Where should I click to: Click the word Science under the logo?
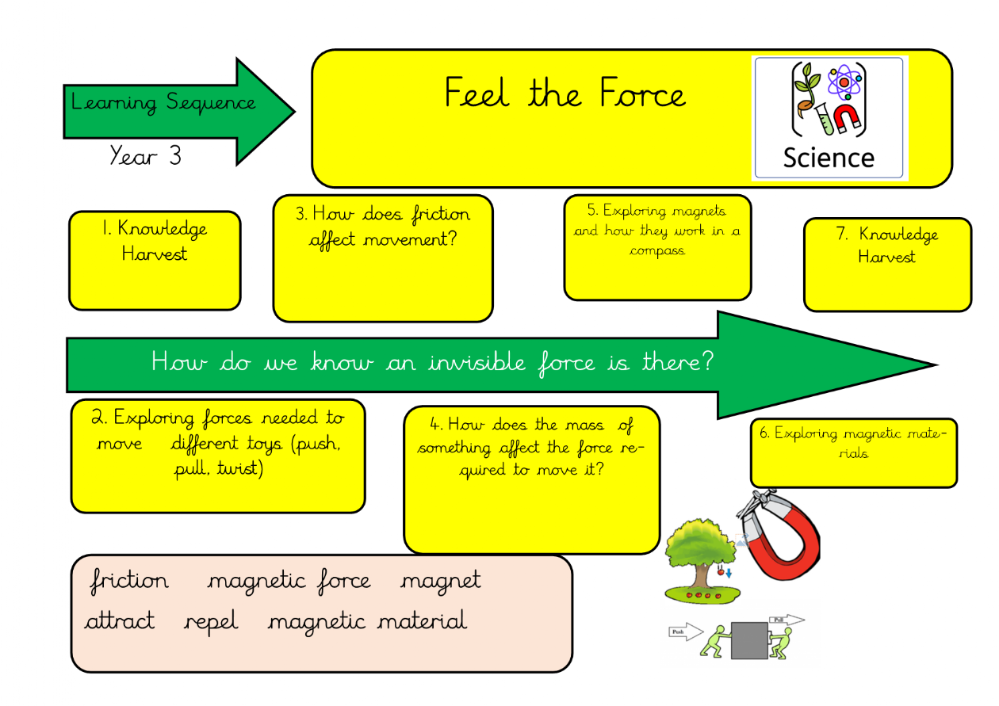tap(829, 157)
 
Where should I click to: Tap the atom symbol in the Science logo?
tap(844, 81)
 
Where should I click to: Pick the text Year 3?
tap(145, 156)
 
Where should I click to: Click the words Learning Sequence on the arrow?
tap(163, 103)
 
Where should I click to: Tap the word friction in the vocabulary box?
tap(129, 581)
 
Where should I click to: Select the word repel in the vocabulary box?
tap(211, 622)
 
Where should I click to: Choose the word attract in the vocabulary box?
tap(120, 622)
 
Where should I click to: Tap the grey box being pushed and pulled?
tap(748, 640)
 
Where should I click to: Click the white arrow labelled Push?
tap(687, 632)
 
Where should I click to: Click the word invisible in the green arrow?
tap(477, 363)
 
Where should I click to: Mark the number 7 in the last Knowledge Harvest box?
tap(842, 234)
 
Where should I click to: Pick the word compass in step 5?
tap(657, 251)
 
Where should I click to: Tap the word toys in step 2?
tap(264, 444)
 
